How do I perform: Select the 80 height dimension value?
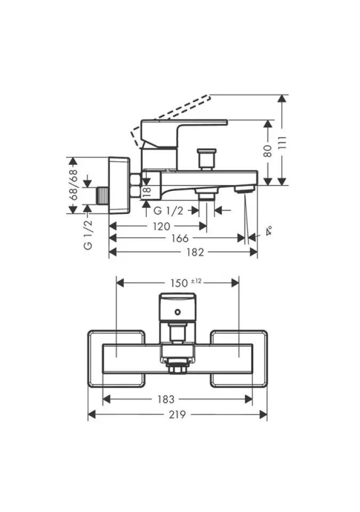269,151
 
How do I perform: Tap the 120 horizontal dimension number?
161,226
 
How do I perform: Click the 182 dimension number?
196,252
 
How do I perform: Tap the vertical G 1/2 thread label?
88,234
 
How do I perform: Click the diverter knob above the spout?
206,158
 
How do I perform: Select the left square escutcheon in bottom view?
116,358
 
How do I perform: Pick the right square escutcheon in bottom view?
238,358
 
